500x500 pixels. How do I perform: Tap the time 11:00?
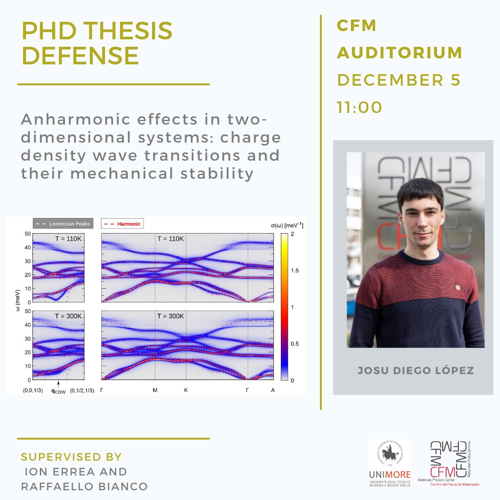click(360, 107)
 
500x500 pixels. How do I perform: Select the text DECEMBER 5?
click(399, 80)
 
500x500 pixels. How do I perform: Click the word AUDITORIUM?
click(400, 53)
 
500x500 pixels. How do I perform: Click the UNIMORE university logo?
click(389, 463)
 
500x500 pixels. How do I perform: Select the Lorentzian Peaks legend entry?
click(63, 224)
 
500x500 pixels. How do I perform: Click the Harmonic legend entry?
click(122, 224)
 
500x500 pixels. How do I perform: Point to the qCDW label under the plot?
click(59, 390)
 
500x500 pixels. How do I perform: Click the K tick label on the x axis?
click(186, 390)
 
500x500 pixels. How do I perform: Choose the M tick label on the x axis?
click(155, 390)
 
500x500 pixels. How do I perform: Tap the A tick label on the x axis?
click(273, 390)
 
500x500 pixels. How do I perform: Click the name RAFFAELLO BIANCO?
click(84, 487)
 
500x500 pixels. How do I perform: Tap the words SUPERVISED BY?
click(71, 457)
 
